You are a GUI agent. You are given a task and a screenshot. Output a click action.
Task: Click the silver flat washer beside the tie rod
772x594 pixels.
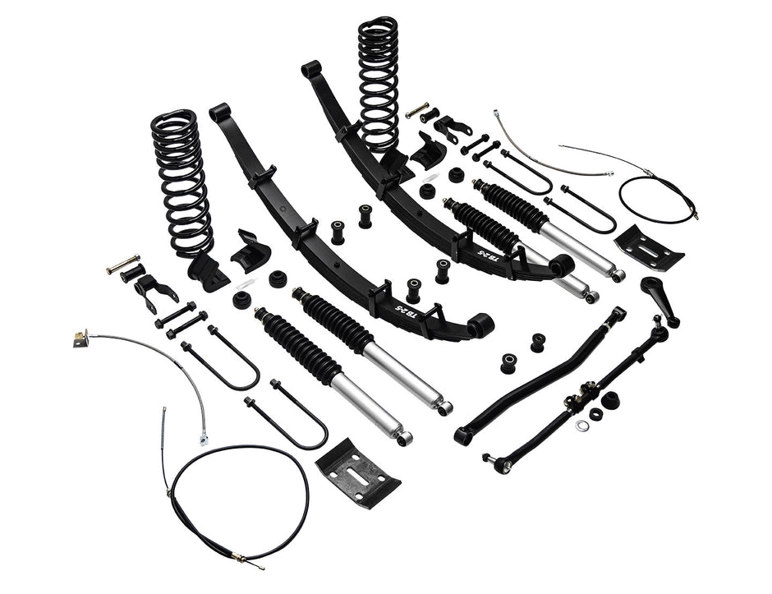click(x=582, y=425)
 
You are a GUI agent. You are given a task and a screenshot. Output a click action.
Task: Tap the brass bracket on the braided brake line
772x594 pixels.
click(x=80, y=338)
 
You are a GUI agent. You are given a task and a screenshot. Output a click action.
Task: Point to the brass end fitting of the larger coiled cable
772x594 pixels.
click(x=239, y=558)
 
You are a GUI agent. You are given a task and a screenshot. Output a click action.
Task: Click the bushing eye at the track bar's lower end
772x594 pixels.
click(x=464, y=435)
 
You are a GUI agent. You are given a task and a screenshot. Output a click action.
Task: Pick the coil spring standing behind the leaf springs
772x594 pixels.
click(x=378, y=82)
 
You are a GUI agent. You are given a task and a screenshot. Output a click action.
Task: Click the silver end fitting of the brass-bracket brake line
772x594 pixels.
click(x=203, y=440)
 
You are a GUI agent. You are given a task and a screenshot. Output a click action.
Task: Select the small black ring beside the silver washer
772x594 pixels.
click(x=596, y=414)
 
